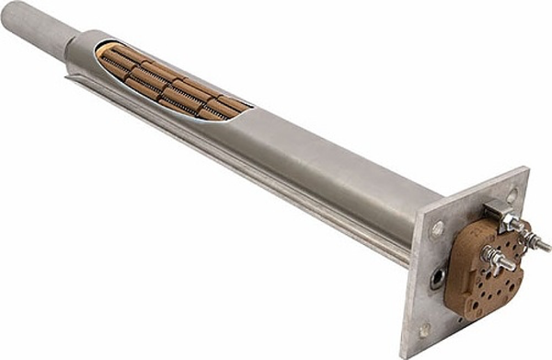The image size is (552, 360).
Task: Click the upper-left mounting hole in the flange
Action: (x=439, y=224)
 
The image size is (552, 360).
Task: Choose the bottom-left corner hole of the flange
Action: (x=424, y=328)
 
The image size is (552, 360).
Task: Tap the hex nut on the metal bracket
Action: (x=506, y=220)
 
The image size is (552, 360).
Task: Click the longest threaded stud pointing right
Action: (x=538, y=243)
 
